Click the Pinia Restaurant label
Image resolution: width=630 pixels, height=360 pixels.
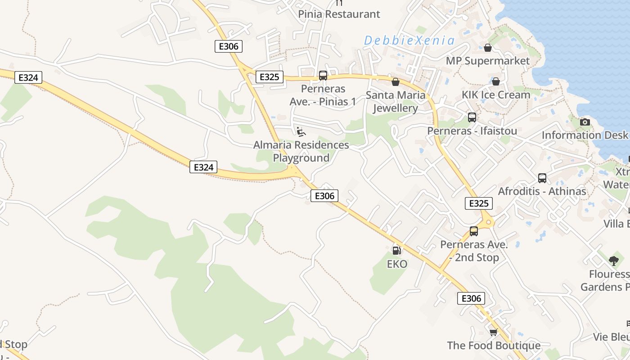[x=339, y=14]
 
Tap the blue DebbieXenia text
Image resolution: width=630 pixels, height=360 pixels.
[x=409, y=40]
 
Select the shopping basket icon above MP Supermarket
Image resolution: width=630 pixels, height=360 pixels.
[x=488, y=48]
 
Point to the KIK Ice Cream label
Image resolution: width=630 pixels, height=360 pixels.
[x=496, y=95]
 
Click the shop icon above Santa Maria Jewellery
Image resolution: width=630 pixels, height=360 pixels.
[x=396, y=82]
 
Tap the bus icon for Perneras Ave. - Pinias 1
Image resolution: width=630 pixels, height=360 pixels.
[x=323, y=76]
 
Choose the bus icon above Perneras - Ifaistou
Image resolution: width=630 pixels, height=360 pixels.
[x=472, y=117]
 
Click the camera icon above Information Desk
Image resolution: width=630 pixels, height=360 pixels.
[x=585, y=122]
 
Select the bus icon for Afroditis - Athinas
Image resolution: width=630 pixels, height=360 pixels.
[x=542, y=178]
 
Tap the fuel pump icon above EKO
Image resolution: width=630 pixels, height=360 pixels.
[x=396, y=251]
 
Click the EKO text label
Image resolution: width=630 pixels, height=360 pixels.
[x=397, y=264]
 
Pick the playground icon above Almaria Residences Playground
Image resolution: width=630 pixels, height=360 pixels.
[x=301, y=131]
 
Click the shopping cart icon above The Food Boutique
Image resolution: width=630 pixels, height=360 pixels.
[x=494, y=332]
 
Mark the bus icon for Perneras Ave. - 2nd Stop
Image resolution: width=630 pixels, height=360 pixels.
[x=473, y=231]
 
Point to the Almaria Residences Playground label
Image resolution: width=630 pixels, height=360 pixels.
[x=301, y=151]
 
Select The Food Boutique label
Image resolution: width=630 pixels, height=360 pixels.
[x=494, y=346]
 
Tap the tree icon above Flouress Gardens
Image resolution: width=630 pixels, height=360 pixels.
[x=613, y=261]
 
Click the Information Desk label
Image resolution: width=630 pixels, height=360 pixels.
[x=584, y=135]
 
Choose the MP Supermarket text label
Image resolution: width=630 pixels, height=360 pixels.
[x=487, y=61]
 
